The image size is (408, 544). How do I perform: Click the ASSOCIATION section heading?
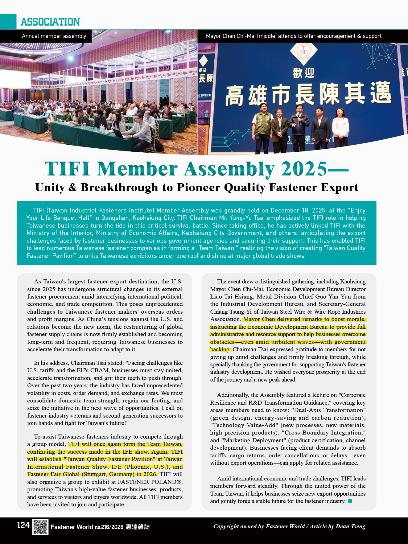pos(50,22)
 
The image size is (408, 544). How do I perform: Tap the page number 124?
pos(23,525)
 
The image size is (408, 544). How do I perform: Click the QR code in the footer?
pos(40,527)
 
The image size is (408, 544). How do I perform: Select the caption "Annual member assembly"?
pos(54,36)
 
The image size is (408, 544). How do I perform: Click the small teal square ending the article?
pos(350,501)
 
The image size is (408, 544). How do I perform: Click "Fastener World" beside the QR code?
pos(72,527)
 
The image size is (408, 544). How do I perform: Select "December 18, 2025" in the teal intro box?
pos(298,210)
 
